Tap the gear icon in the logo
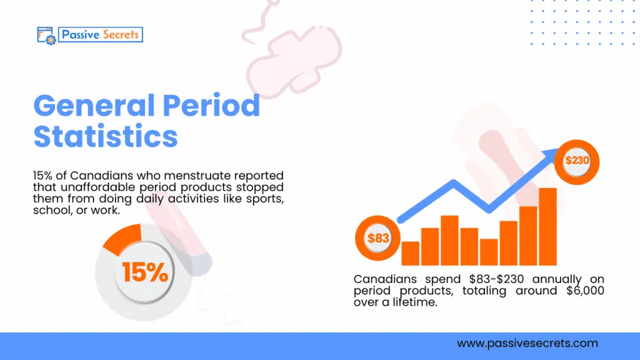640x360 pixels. click(x=50, y=38)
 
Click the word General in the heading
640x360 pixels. click(x=94, y=107)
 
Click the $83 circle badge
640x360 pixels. click(x=377, y=238)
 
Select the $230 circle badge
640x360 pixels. click(x=577, y=160)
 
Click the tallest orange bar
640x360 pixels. click(x=547, y=226)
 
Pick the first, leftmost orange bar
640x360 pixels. click(x=410, y=253)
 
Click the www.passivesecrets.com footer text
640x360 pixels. click(x=527, y=343)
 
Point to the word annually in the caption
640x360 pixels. click(x=552, y=279)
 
